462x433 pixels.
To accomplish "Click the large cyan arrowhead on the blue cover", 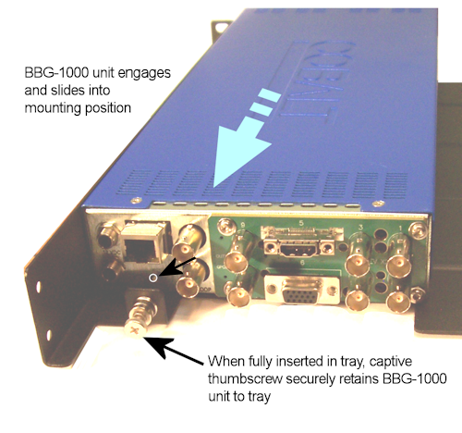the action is (237, 155).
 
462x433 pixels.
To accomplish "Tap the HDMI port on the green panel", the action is (296, 250).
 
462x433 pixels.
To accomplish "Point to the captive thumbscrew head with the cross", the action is (134, 330).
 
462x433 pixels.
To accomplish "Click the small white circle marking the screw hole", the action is (153, 278).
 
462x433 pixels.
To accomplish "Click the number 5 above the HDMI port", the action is (301, 223).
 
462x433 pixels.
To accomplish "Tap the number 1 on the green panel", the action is (400, 229).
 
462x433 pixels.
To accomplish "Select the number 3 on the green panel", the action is (360, 228).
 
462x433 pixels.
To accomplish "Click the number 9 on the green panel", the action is (243, 226).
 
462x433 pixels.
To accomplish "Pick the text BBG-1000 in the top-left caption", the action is (56, 73).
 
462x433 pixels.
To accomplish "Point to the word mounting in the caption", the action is (53, 108).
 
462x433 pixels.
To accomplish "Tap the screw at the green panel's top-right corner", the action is (419, 229).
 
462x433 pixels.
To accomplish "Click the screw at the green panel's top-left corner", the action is (225, 226).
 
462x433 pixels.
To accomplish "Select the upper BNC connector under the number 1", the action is (398, 264).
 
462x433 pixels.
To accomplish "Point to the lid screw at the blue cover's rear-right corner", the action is (378, 204).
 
